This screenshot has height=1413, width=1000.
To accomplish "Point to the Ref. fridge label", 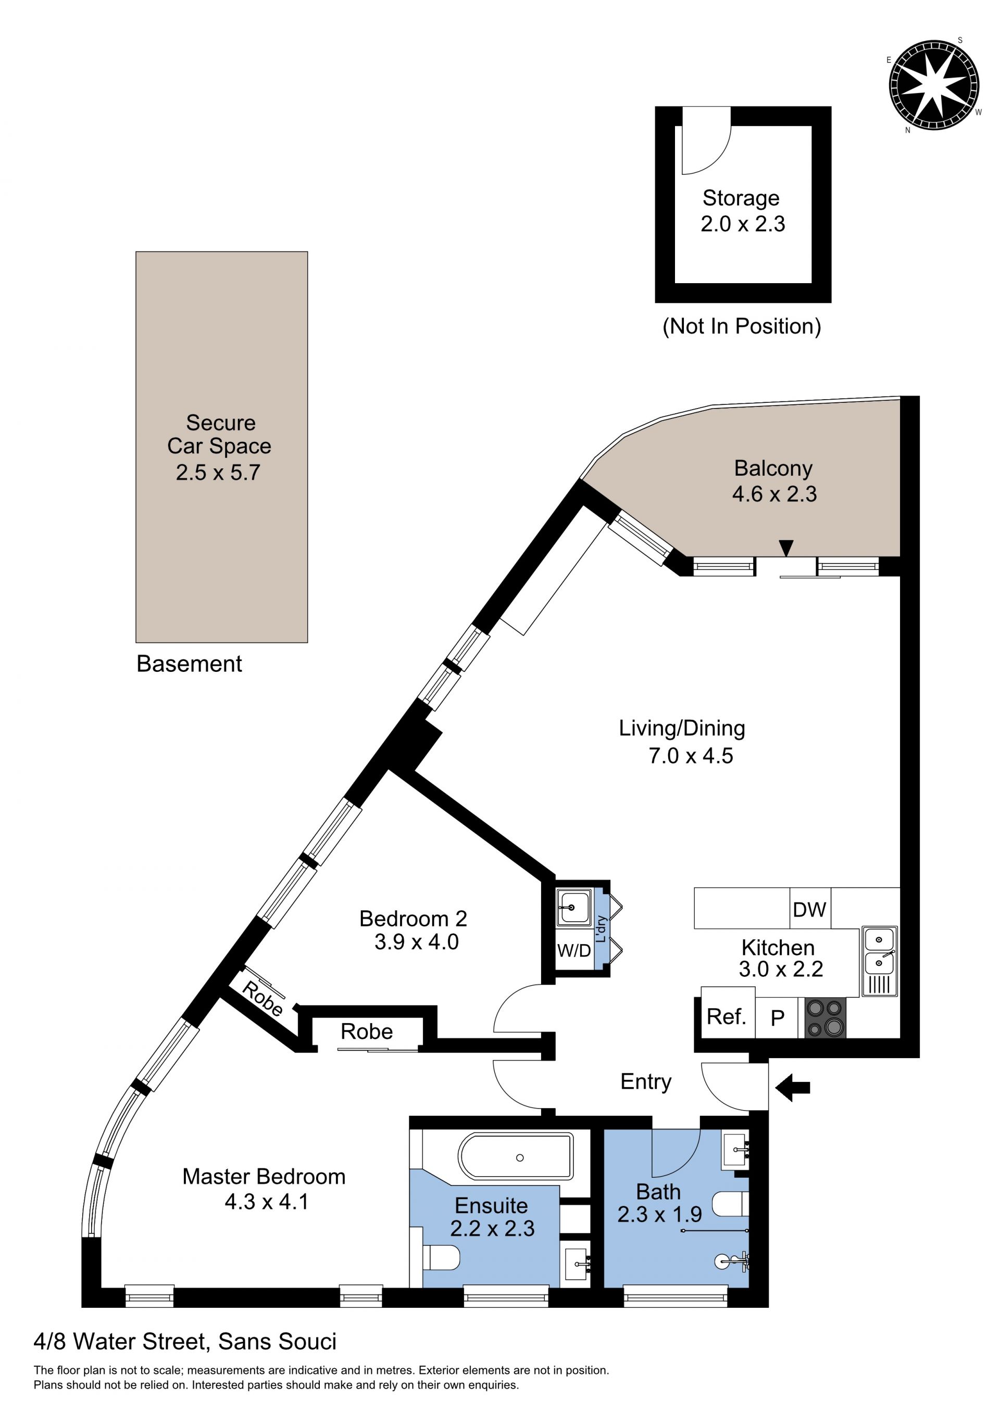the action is [x=727, y=1016].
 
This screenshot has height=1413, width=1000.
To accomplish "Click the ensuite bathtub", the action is [x=516, y=1157].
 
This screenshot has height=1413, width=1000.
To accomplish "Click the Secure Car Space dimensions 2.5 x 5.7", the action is [x=218, y=472].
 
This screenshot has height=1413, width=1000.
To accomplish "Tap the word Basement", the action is [x=189, y=664].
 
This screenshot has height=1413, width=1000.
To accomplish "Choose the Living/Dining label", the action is [x=682, y=728].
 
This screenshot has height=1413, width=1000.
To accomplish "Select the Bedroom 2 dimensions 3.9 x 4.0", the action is [x=416, y=941].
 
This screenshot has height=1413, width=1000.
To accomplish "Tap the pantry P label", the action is [x=777, y=1019].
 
